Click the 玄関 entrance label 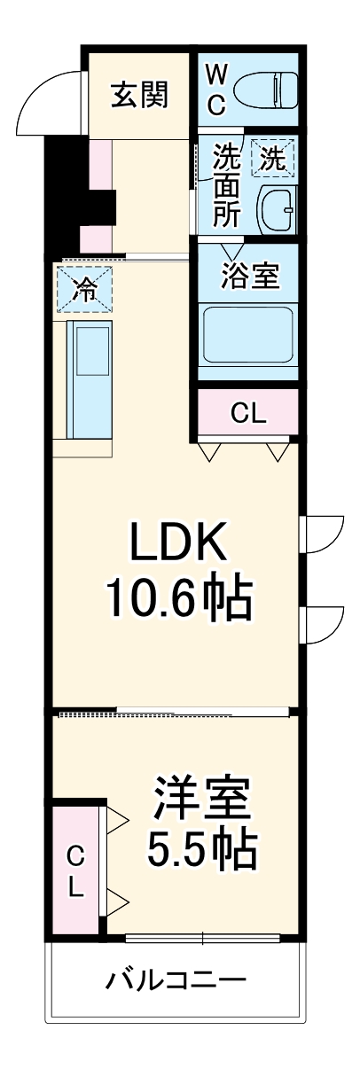[x=139, y=93]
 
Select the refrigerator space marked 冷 [x=85, y=290]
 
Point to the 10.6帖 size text [x=180, y=600]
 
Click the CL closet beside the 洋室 [x=77, y=870]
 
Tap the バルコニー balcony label [x=176, y=980]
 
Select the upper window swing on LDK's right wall [x=324, y=534]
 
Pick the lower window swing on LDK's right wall [x=324, y=628]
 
